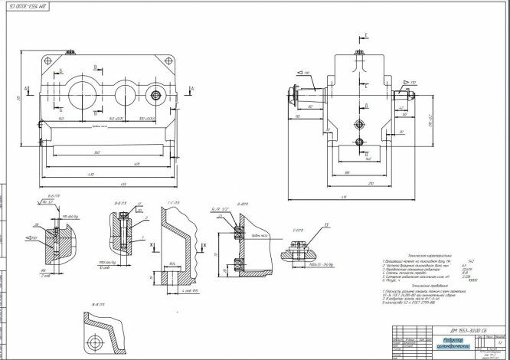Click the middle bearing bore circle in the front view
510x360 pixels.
click(x=123, y=94)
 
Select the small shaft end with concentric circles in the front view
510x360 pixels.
click(x=157, y=96)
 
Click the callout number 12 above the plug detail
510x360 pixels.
click(x=326, y=225)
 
